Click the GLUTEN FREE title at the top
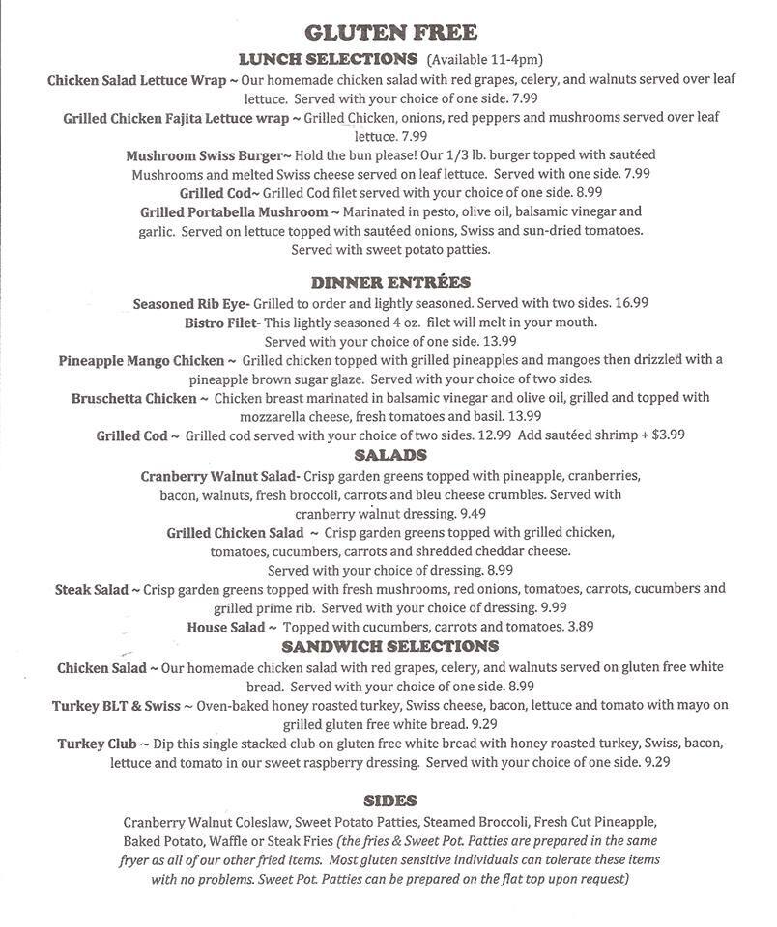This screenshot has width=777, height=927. point(388,32)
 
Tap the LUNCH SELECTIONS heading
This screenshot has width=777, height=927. point(328,58)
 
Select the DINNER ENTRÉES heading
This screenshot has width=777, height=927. point(390,282)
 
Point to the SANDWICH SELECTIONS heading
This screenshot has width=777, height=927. point(389,646)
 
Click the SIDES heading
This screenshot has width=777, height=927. point(389,800)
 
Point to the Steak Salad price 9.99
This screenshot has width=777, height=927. point(554,607)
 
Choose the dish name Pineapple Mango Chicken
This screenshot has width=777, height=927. point(141,360)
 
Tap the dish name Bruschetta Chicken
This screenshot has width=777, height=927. point(134,398)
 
